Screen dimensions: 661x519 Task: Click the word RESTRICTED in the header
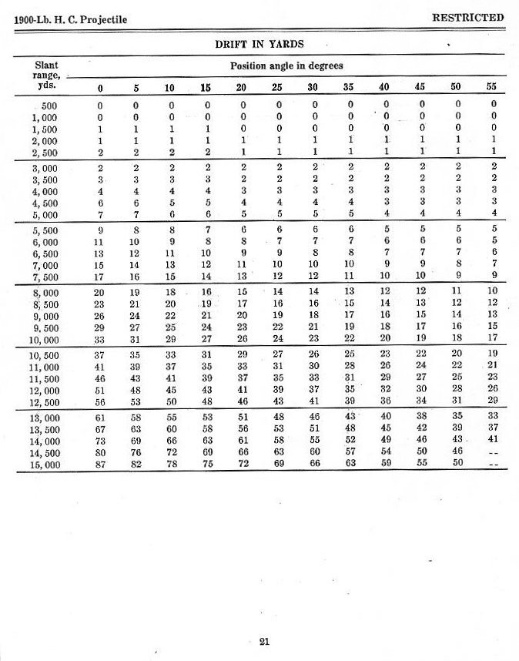[x=467, y=17]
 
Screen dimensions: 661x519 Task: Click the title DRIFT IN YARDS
[x=259, y=44]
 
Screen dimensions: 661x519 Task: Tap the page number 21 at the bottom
[x=263, y=639]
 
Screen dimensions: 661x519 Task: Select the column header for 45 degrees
[x=420, y=87]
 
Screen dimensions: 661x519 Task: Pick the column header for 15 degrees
[x=206, y=87]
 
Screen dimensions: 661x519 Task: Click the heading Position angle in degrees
[x=286, y=66]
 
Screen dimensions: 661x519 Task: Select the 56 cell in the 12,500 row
[x=99, y=401]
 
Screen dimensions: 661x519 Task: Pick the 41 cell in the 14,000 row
[x=492, y=438]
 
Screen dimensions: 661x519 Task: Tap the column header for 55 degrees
[x=491, y=87]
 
